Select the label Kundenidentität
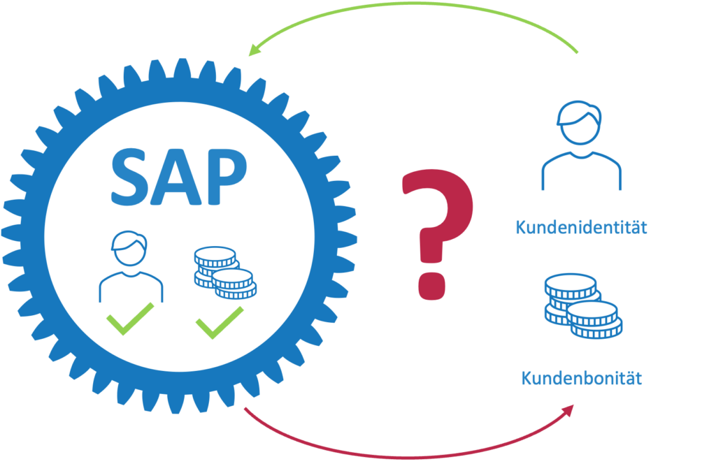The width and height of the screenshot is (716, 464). tap(581, 228)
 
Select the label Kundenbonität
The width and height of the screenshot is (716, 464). tap(582, 379)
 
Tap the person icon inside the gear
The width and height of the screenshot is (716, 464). tap(130, 269)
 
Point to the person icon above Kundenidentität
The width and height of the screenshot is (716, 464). tap(581, 147)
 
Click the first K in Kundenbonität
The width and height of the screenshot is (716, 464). tap(526, 379)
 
